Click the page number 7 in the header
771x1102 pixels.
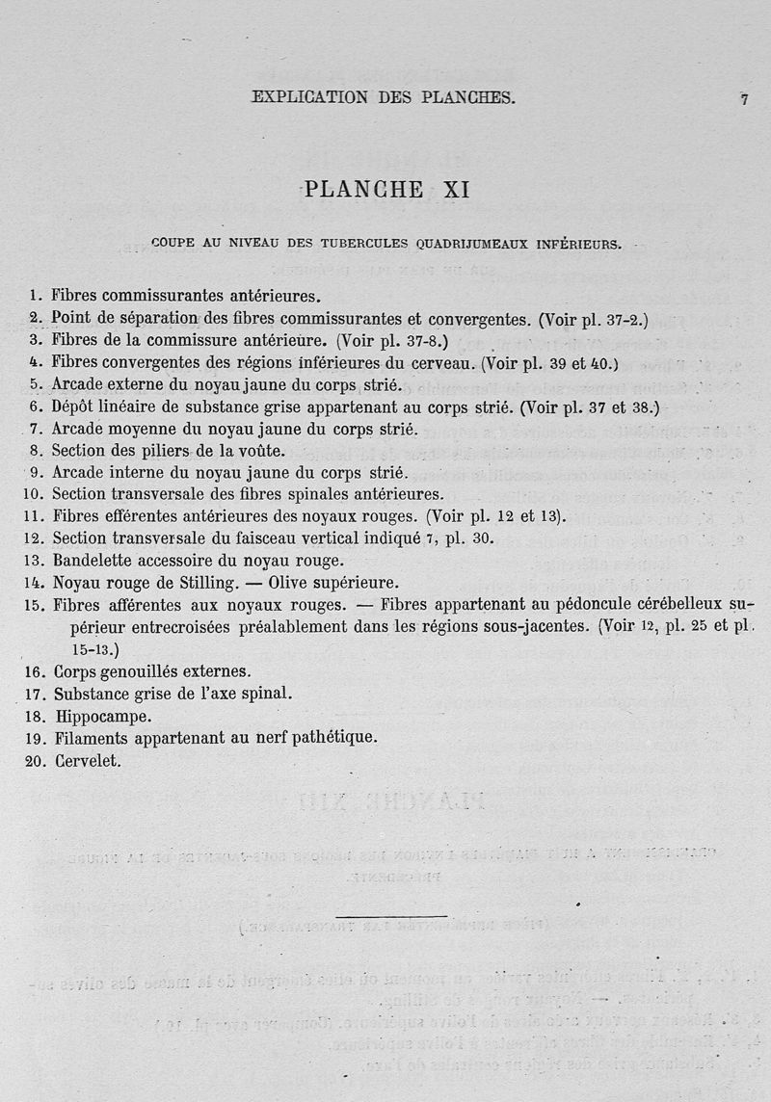tap(745, 99)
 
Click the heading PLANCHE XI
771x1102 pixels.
tap(386, 190)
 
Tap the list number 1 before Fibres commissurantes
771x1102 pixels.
tap(35, 297)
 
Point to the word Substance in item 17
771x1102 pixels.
tap(94, 694)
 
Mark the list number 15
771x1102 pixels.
tap(34, 606)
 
